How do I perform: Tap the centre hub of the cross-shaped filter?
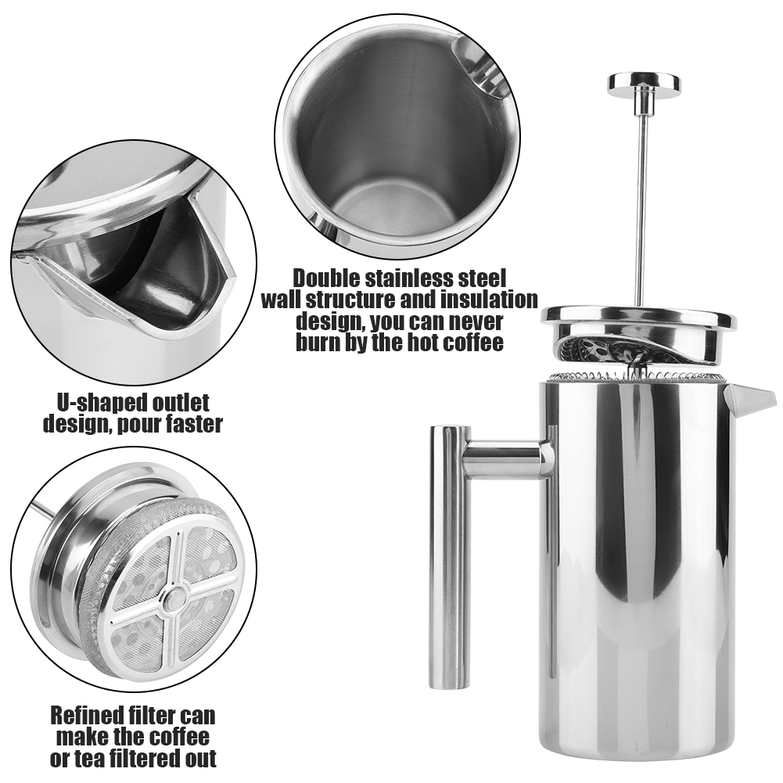point(175,596)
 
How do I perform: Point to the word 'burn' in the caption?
point(318,343)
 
